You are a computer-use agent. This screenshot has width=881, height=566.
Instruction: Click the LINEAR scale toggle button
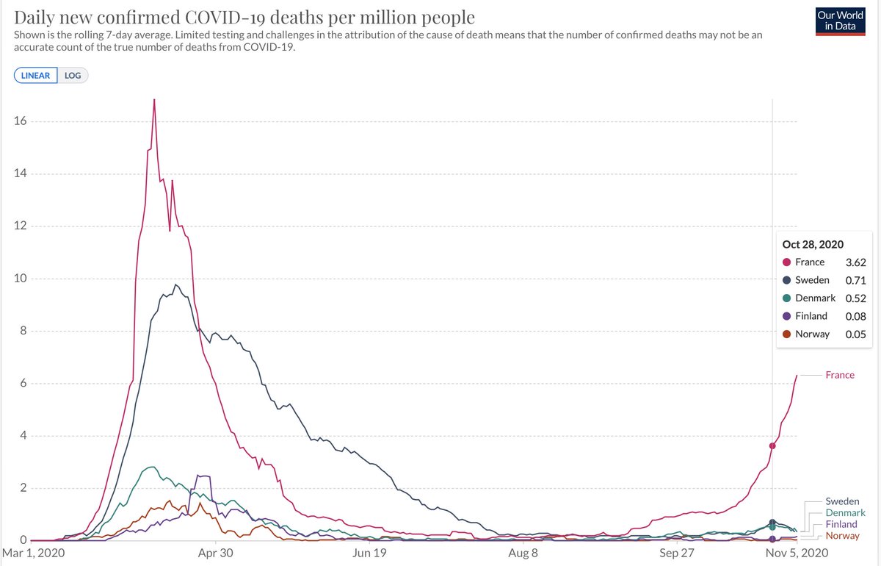(x=35, y=76)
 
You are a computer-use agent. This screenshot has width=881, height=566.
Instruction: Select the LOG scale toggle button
(x=72, y=76)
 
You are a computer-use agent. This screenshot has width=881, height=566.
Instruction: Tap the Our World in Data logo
(x=840, y=21)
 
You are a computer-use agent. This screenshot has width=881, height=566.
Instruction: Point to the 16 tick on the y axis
(x=20, y=121)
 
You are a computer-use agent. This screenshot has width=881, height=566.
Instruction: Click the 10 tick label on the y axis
(x=20, y=279)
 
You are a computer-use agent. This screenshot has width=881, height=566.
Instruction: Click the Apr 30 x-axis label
(x=216, y=553)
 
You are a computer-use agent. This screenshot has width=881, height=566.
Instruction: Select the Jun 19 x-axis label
(x=370, y=553)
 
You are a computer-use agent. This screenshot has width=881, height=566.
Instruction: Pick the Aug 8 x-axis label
(x=523, y=553)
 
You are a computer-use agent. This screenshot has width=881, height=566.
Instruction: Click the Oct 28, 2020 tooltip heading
(x=813, y=244)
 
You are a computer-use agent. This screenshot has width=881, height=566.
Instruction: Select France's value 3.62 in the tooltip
(x=855, y=262)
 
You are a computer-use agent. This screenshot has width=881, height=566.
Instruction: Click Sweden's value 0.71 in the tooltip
(x=855, y=280)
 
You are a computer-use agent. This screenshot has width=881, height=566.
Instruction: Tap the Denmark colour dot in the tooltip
(x=786, y=298)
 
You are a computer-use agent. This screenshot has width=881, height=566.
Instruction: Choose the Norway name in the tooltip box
(x=811, y=334)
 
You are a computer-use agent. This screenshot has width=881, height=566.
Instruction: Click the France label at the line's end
(x=839, y=375)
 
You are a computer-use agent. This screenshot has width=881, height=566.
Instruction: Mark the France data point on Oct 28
(x=772, y=446)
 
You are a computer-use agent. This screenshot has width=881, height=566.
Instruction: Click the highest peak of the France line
(x=154, y=100)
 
